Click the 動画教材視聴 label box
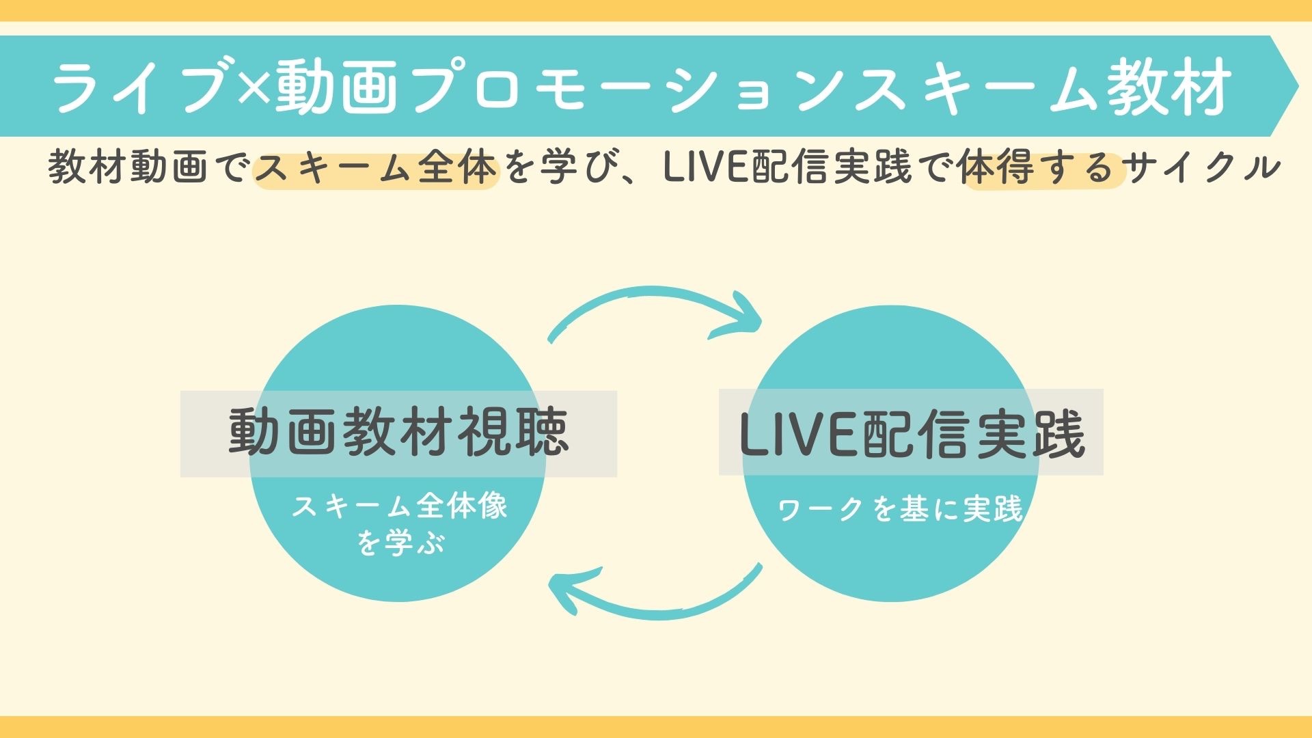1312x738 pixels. coord(398,433)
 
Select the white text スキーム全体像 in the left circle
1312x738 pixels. coord(400,507)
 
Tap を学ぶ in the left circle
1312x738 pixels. coord(400,543)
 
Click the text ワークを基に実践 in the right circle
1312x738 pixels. coord(900,509)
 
